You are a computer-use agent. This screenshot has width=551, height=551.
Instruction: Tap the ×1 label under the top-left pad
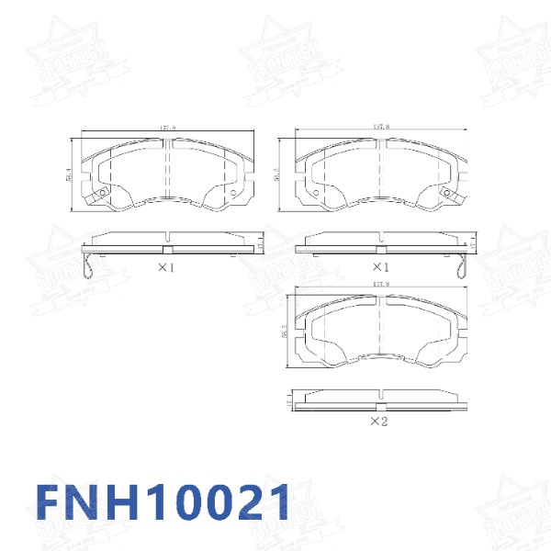pos(166,267)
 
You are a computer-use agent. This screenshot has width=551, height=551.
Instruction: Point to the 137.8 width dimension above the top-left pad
pos(167,129)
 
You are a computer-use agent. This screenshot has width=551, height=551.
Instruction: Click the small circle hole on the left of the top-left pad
pos(103,192)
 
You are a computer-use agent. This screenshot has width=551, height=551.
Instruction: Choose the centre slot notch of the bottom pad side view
pos(378,404)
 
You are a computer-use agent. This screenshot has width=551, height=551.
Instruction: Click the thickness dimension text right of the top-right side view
pos(473,245)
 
